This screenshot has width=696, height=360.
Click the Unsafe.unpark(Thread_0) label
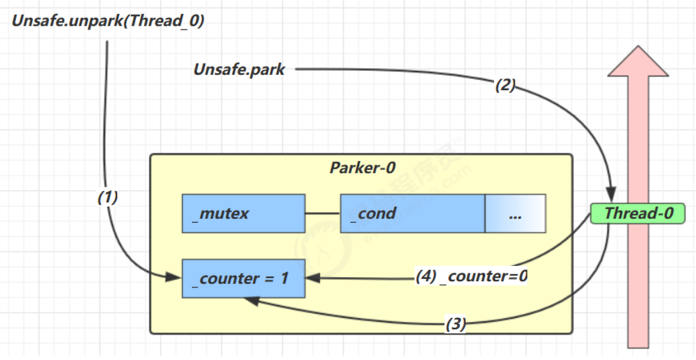pyautogui.click(x=108, y=22)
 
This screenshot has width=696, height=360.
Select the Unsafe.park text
pyautogui.click(x=239, y=69)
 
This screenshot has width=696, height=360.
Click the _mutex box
pyautogui.click(x=243, y=213)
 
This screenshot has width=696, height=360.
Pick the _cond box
pyautogui.click(x=412, y=213)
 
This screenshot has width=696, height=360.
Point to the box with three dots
pyautogui.click(x=515, y=213)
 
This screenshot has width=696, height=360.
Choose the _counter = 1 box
pyautogui.click(x=243, y=278)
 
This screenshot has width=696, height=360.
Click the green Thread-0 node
pyautogui.click(x=638, y=213)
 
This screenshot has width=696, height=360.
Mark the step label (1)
pyautogui.click(x=107, y=198)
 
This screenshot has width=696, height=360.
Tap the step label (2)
pyautogui.click(x=505, y=85)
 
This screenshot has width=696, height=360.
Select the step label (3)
pyautogui.click(x=455, y=324)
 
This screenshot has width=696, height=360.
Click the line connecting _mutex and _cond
pyautogui.click(x=322, y=213)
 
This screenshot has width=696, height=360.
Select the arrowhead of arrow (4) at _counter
pyautogui.click(x=313, y=279)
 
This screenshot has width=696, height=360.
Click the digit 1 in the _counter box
pyautogui.click(x=284, y=278)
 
